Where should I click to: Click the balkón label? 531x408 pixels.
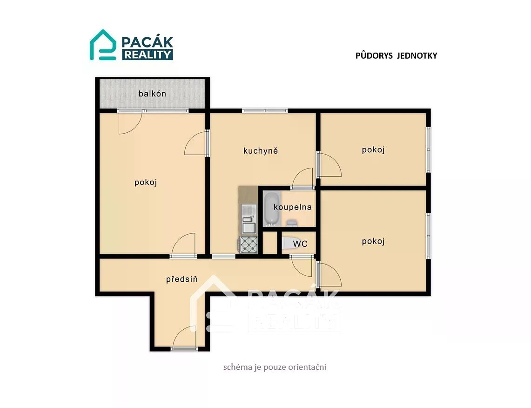(x=152, y=94)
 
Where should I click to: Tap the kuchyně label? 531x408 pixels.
(x=261, y=151)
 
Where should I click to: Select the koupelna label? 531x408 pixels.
(x=293, y=207)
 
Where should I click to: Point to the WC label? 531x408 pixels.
(x=300, y=243)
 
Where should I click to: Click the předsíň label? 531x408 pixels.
(x=181, y=279)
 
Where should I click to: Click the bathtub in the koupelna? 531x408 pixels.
(x=272, y=209)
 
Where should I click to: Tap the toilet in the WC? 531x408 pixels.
(x=287, y=243)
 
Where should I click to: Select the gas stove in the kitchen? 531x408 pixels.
(x=249, y=245)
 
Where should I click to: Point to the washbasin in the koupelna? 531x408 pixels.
(x=292, y=223)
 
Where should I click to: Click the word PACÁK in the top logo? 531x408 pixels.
(x=148, y=43)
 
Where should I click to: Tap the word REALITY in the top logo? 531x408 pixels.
(x=148, y=55)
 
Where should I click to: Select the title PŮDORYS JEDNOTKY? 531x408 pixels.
(x=396, y=55)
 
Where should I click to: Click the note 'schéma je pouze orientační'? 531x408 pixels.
(x=275, y=367)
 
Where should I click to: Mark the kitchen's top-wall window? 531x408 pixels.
(x=265, y=110)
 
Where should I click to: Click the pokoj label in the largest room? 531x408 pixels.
(x=146, y=182)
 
